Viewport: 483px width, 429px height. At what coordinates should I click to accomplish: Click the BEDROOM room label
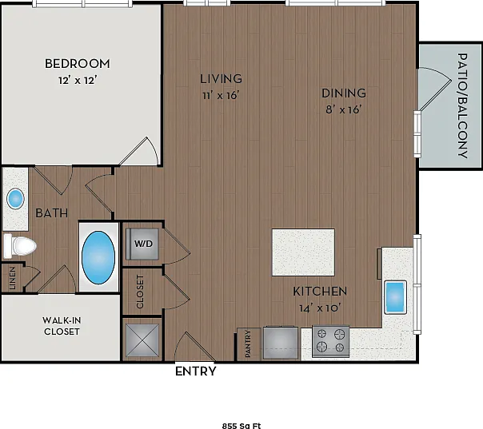(78, 64)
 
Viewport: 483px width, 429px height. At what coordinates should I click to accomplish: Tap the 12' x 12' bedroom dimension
(78, 81)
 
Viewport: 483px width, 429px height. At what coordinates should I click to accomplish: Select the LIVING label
(222, 79)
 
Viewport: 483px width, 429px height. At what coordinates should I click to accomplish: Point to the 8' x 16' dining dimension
(344, 109)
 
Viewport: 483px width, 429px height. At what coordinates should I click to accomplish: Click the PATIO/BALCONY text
(463, 105)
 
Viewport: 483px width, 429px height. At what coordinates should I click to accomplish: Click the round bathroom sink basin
(15, 199)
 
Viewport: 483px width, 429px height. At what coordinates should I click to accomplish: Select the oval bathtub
(98, 257)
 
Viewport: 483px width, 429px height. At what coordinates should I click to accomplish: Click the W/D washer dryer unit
(142, 244)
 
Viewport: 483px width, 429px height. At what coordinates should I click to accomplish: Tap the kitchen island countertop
(303, 252)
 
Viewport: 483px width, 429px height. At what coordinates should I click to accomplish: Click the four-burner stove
(330, 341)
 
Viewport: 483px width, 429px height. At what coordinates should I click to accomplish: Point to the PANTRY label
(248, 344)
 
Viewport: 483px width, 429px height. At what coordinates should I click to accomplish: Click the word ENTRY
(196, 371)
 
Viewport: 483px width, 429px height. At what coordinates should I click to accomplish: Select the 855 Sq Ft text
(241, 426)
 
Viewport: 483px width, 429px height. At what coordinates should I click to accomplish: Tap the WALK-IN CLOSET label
(62, 326)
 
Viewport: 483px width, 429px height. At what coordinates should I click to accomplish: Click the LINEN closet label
(12, 278)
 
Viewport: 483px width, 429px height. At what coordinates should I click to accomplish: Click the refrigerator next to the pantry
(281, 343)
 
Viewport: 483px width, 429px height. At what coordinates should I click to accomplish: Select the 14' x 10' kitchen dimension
(320, 308)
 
